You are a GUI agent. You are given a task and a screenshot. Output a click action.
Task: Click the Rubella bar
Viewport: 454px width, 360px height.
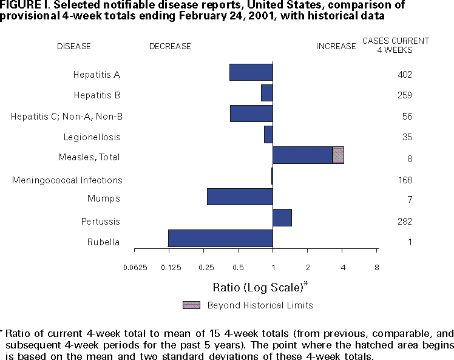coord(220,238)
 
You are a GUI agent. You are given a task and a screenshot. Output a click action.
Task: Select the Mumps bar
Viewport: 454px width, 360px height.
coord(240,197)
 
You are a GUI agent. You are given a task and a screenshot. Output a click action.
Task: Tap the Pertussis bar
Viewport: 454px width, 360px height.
coord(282,217)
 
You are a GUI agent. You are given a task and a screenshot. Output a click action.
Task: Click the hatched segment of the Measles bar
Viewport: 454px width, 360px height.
coord(339,155)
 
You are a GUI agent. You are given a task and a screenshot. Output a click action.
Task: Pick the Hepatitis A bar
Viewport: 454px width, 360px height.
coord(251,72)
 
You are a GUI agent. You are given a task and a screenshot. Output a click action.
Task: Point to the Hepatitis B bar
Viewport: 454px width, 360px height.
coord(267,93)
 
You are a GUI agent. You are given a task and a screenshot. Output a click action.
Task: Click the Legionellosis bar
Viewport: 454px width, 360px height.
coord(268,134)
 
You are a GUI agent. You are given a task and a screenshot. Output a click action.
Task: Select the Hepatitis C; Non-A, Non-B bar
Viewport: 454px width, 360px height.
coord(251,114)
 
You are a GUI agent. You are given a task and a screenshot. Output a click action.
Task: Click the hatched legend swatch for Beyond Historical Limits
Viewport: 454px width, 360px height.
coord(191,305)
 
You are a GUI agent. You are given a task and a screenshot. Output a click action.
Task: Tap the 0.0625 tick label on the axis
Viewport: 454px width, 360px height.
coord(135,268)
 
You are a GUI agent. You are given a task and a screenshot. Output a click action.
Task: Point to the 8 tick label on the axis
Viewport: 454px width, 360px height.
coord(377,268)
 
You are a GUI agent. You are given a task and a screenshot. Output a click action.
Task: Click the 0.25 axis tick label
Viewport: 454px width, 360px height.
coord(206,268)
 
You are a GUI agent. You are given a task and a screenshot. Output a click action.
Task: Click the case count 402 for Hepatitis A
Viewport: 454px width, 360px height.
coord(405,75)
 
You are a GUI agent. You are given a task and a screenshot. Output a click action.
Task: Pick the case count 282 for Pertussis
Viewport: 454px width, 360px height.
coord(405,222)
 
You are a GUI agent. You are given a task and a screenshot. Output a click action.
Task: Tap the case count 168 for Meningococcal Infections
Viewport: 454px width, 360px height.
coord(405,180)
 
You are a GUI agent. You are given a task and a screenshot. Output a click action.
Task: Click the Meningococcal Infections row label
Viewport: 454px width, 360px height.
coord(67,180)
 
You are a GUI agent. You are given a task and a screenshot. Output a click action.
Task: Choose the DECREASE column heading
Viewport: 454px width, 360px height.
coord(170,46)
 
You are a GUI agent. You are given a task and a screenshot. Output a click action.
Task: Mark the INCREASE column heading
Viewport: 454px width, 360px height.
coord(336,46)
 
